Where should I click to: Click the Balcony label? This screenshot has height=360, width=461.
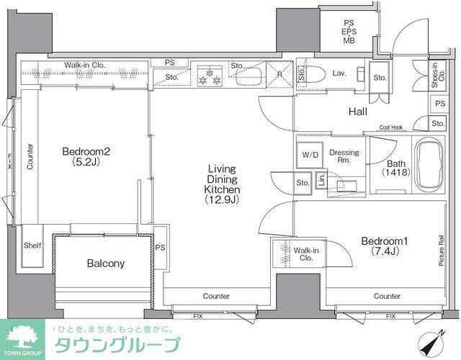pos(105,264)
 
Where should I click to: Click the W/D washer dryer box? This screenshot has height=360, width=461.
pos(310,153)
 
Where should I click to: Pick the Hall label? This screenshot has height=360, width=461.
pos(358,112)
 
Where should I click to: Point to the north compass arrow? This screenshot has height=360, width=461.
pos(440,335)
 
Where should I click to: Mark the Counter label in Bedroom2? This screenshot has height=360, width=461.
pos(30,156)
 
